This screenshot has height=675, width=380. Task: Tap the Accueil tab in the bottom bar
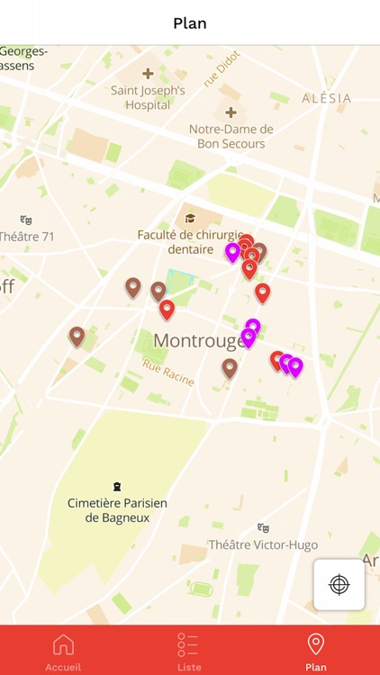[x=63, y=651]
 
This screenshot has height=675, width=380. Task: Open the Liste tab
[x=188, y=651]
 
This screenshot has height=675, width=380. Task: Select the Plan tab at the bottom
[x=315, y=651]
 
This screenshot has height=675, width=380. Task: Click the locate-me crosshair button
[x=339, y=584]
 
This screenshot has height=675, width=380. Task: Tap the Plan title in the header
[x=190, y=23]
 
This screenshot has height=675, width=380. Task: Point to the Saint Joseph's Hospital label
[x=148, y=97]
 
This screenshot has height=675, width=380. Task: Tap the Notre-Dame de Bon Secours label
[x=231, y=136]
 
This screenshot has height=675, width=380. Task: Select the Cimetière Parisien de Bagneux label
[x=117, y=510]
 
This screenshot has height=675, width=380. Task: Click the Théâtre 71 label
[x=27, y=237]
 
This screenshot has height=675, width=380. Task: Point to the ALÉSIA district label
[x=327, y=98]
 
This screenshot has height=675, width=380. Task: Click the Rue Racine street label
[x=168, y=372]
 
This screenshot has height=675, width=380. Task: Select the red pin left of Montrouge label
[x=167, y=310]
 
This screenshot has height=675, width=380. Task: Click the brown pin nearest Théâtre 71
[x=77, y=337]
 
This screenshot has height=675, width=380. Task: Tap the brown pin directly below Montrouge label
[x=230, y=368]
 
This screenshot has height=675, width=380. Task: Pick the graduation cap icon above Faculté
[x=190, y=218]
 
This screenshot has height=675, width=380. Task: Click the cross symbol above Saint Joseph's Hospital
[x=148, y=73]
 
